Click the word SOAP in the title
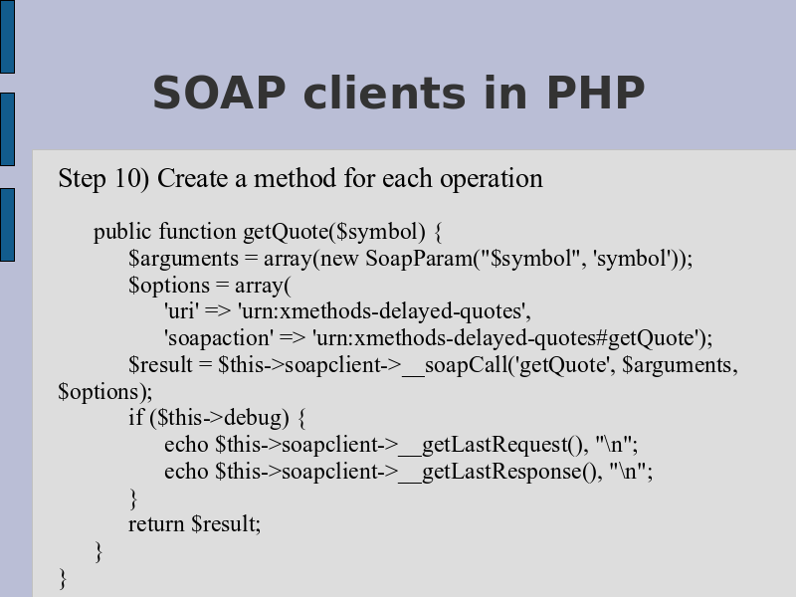pyautogui.click(x=219, y=93)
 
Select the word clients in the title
pyautogui.click(x=384, y=93)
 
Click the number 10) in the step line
pyautogui.click(x=132, y=179)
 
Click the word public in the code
pyautogui.click(x=122, y=233)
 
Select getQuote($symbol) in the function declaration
pyautogui.click(x=334, y=233)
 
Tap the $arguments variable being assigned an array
pyautogui.click(x=183, y=260)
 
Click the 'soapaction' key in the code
pyautogui.click(x=218, y=338)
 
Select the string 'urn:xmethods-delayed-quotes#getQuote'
pyautogui.click(x=508, y=338)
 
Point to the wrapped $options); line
pyautogui.click(x=105, y=392)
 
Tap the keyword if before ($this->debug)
pyautogui.click(x=136, y=418)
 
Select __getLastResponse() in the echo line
pyautogui.click(x=497, y=472)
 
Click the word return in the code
pyautogui.click(x=156, y=524)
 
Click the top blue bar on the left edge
pyautogui.click(x=7, y=37)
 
